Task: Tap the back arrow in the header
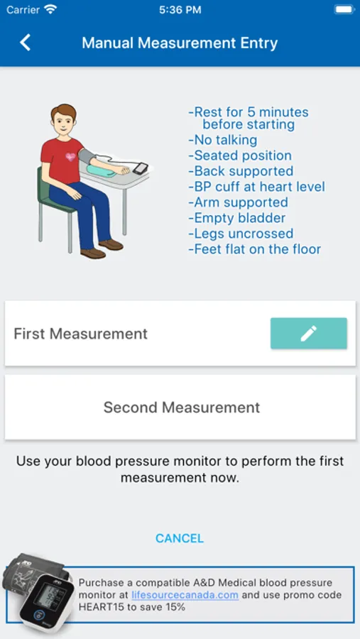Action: click(x=26, y=43)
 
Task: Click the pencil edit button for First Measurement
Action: click(x=309, y=334)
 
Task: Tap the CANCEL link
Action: click(x=180, y=538)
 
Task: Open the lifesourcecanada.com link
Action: click(x=185, y=594)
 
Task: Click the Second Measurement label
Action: click(x=182, y=407)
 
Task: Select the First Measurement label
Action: click(x=81, y=334)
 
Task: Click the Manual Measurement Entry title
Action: click(x=180, y=43)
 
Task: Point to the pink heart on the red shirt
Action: click(x=70, y=157)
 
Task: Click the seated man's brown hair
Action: click(x=64, y=111)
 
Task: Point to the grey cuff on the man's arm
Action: click(x=87, y=156)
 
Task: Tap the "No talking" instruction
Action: click(x=223, y=140)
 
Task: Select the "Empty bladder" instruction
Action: click(x=237, y=218)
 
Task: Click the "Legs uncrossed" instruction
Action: click(x=241, y=234)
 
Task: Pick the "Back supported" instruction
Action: click(x=241, y=170)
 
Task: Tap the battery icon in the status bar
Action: click(x=344, y=10)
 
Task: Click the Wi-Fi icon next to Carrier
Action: click(x=50, y=9)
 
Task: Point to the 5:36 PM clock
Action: click(x=180, y=10)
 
